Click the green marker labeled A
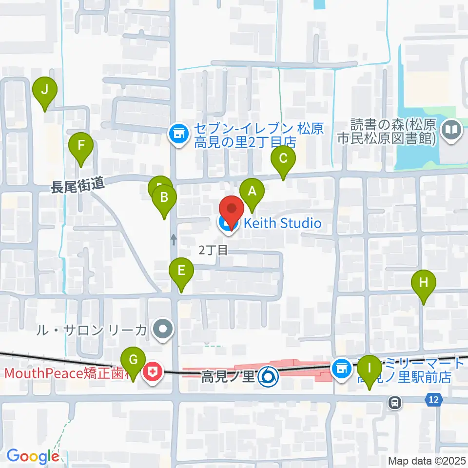coord(252,191)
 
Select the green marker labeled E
coord(181,271)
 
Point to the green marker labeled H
coord(423,283)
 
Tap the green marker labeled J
coord(45,90)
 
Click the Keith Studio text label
coord(282,224)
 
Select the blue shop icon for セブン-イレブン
coord(178,132)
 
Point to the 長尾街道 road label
coord(78,185)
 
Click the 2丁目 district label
coord(213,251)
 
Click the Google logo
coord(32,456)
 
